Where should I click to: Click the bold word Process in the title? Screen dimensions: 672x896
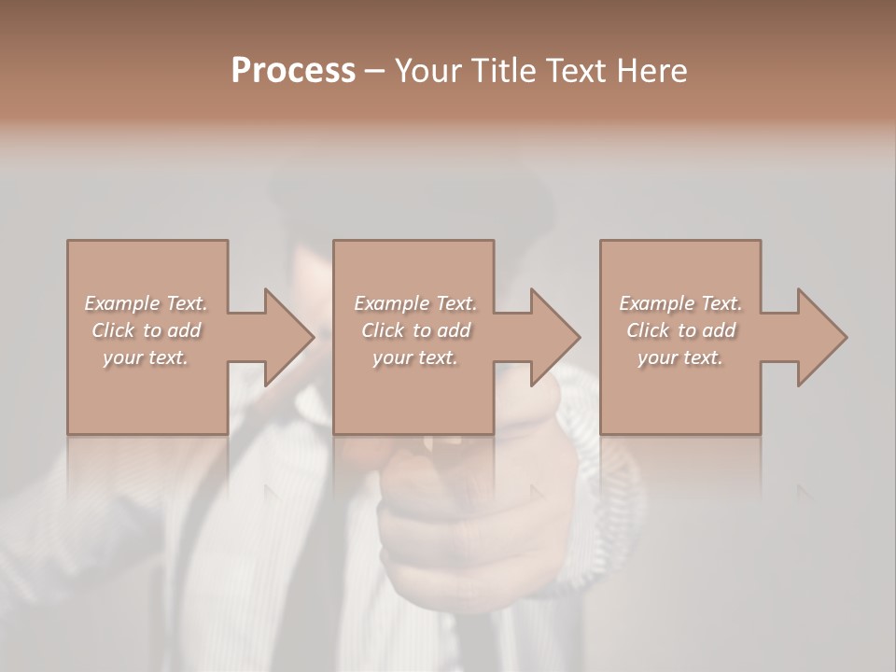click(293, 71)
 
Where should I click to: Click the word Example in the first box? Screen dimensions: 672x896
click(122, 303)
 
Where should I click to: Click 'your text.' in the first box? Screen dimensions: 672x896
click(146, 357)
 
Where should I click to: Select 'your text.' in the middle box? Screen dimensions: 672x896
click(414, 357)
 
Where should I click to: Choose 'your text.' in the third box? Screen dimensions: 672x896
click(680, 357)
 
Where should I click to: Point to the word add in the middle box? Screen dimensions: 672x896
click(454, 330)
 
